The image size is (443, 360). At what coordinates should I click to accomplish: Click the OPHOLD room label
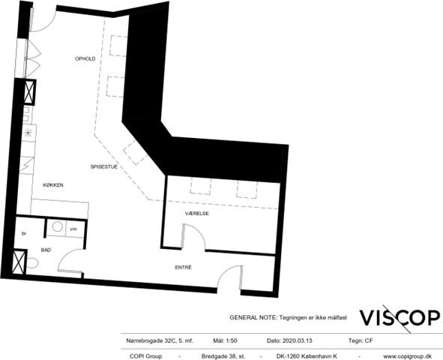[85, 58]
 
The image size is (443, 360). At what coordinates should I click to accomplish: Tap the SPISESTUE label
[103, 166]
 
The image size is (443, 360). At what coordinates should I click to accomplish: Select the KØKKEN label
[53, 185]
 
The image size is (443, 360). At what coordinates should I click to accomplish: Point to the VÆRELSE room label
[197, 214]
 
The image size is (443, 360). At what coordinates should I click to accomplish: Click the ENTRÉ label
[184, 267]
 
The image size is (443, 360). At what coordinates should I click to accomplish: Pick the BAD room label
[46, 250]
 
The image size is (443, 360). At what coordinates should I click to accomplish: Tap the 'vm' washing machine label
[73, 229]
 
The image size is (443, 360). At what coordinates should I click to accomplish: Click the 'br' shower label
[24, 234]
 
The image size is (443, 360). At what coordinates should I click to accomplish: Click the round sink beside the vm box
[58, 227]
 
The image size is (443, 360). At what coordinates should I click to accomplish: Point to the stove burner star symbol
[28, 133]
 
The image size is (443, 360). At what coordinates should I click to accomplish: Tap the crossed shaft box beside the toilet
[19, 262]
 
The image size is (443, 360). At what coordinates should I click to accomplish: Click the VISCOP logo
[400, 318]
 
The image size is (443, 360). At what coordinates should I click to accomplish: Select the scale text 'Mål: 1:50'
[225, 340]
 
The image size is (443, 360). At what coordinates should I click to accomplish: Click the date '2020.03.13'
[298, 340]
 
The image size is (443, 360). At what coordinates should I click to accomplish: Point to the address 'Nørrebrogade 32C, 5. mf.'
[160, 340]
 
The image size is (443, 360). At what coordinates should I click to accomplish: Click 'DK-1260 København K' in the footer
[307, 356]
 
